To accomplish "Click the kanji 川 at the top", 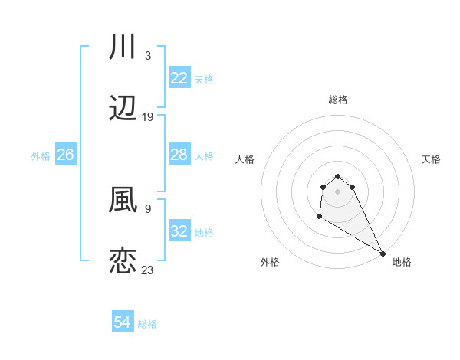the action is pos(123,47).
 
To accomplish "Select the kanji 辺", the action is pos(123,109).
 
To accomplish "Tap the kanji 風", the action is pos(123,200).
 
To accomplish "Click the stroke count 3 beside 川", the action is pos(147,56).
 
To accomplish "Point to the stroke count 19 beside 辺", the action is pos(148,117).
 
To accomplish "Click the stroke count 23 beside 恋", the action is pos(148,270).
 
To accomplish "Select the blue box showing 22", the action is pos(179,78).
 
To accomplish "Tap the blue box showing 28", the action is pos(179,155).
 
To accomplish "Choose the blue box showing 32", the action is pos(179,231).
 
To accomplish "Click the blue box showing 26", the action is pos(66,155).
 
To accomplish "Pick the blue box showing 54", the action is pos(123,322).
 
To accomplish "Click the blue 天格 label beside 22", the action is pos(204,80).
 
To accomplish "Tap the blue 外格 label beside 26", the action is pos(41,156).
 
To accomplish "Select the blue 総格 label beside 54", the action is pos(147,324).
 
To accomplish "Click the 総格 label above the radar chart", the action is pos(338,100).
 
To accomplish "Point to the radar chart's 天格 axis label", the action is pos(432,159).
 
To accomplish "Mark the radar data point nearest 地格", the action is pos(383,254).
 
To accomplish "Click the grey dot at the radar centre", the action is pos(337,191).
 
